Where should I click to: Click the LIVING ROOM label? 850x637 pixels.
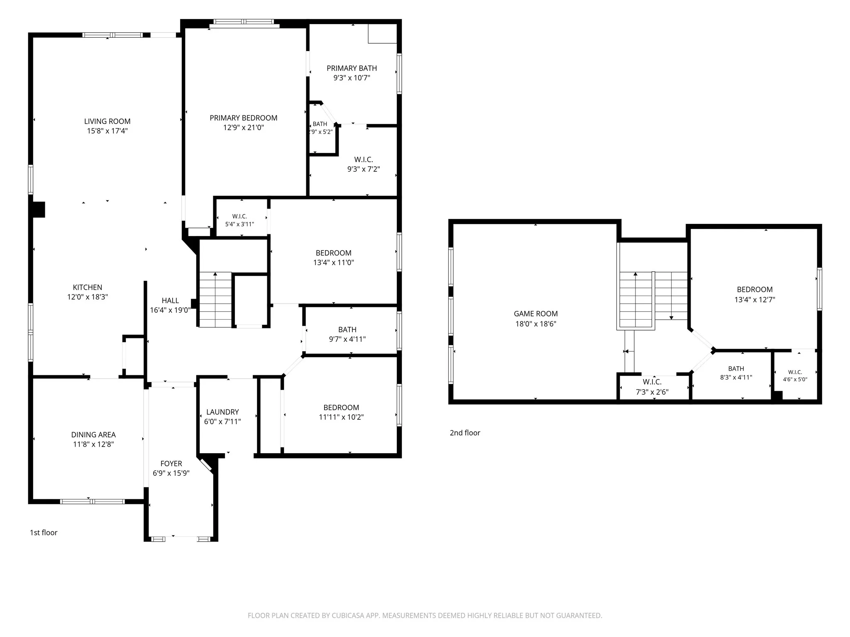point(107,121)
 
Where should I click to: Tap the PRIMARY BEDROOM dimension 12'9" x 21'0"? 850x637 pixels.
point(244,128)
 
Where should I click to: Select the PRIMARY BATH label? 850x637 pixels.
point(352,68)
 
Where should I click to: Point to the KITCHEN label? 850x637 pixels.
point(88,287)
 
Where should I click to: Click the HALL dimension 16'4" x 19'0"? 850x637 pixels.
point(170,310)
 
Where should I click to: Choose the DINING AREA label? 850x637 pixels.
point(93,435)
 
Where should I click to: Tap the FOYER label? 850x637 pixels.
point(171,464)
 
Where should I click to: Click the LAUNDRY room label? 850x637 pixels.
point(222,412)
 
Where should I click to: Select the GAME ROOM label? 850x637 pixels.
point(536,314)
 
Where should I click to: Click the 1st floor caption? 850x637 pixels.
point(44,532)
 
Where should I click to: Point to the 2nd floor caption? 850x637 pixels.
point(465,433)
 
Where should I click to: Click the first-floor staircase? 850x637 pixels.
point(215,299)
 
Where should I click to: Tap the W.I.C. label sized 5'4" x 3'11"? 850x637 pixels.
point(239,216)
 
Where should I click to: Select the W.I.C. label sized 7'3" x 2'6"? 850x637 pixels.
point(652,382)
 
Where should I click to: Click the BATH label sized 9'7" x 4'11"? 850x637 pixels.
point(347,330)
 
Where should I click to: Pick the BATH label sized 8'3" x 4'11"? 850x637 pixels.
point(736,369)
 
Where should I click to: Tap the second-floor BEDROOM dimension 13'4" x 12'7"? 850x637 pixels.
point(755,299)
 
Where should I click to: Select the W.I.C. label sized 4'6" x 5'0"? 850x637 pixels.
point(795,372)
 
